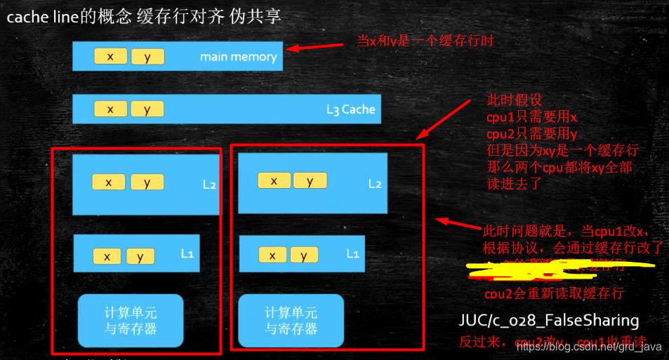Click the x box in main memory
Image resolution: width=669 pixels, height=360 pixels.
tap(110, 57)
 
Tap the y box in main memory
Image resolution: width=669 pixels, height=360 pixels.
tap(147, 57)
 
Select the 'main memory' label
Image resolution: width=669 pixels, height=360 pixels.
tap(238, 57)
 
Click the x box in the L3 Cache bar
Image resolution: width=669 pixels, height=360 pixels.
tap(110, 109)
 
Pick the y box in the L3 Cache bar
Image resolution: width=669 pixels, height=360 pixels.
tap(147, 109)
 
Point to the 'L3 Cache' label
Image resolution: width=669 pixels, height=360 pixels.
tap(350, 109)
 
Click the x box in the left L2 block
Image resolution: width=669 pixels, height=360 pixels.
tap(110, 182)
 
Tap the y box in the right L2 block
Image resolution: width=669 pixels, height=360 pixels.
tap(310, 180)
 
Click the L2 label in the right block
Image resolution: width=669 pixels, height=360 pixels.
tap(375, 183)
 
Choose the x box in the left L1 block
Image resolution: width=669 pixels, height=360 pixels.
tap(107, 256)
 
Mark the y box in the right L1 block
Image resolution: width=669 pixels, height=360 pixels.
tap(304, 255)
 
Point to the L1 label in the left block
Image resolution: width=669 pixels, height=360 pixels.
tap(187, 253)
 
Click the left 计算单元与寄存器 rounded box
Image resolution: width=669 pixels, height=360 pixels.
tap(130, 320)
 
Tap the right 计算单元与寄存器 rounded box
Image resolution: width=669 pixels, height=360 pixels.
tap(291, 320)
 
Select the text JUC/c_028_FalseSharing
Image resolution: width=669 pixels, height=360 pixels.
tap(548, 321)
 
